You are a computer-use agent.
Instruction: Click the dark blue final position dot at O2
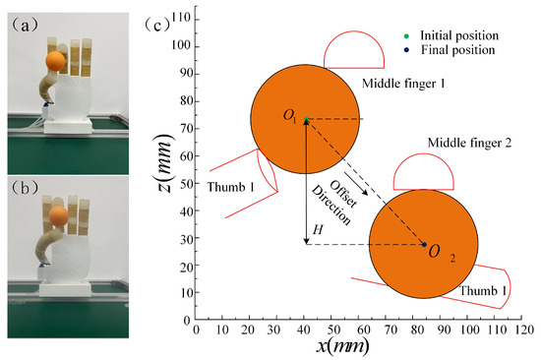425,244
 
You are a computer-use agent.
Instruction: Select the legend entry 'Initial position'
455,33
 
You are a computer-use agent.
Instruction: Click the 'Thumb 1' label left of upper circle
230,185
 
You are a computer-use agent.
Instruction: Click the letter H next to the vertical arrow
316,229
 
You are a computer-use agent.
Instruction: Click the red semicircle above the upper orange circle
352,51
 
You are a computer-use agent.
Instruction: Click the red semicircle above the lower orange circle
423,174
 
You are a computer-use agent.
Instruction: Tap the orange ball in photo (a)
55,62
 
